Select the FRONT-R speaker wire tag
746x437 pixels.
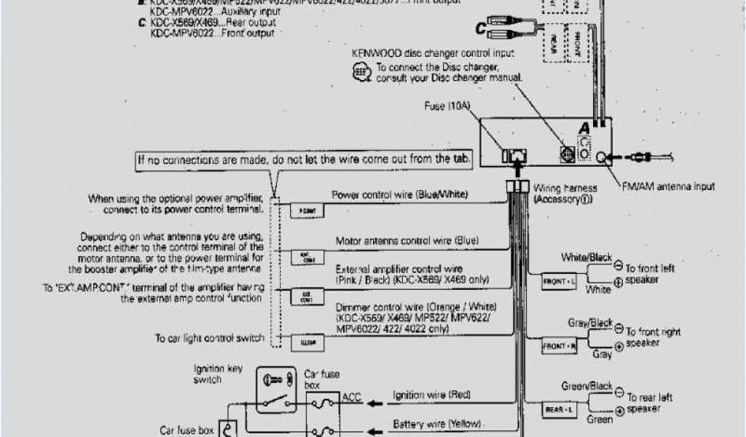coord(559,347)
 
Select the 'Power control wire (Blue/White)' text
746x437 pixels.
coord(400,194)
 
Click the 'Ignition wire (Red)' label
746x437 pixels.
coord(432,395)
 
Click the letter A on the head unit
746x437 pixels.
coord(584,128)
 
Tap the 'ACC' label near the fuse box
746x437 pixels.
coord(351,398)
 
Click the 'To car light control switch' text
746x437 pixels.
coord(209,339)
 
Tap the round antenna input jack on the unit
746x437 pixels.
coord(602,156)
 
